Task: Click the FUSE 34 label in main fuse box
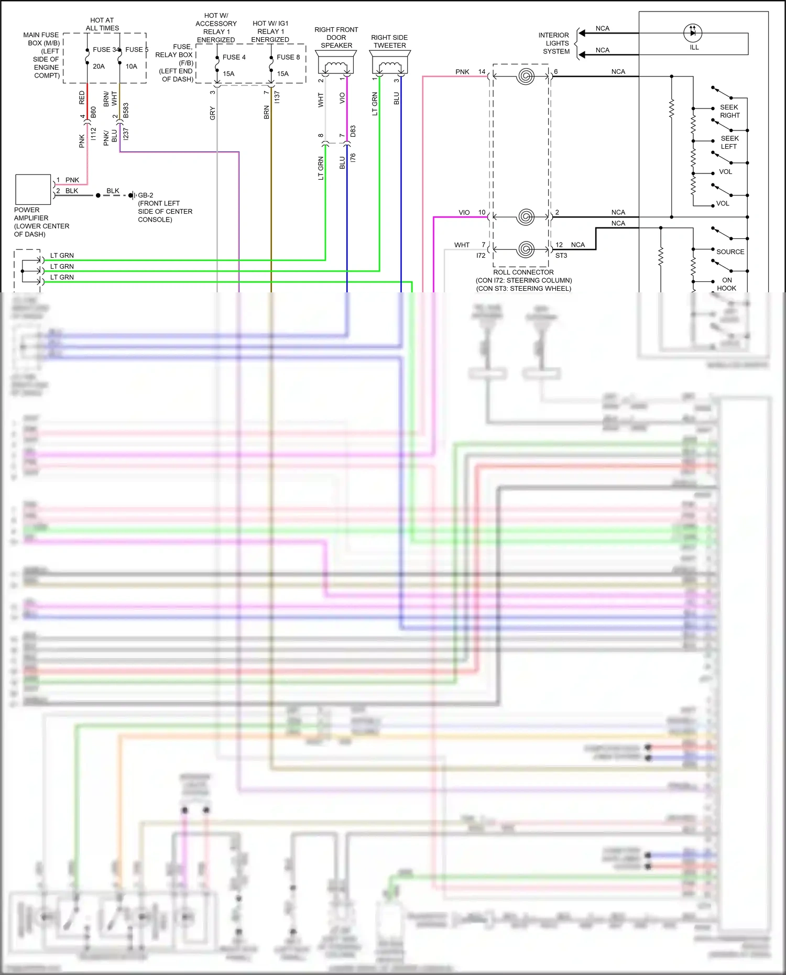(106, 50)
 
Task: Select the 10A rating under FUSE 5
(131, 67)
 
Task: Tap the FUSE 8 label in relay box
(288, 57)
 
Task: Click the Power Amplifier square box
(33, 190)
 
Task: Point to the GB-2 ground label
(146, 195)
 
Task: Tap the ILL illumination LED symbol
(693, 33)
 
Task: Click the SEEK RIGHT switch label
(729, 111)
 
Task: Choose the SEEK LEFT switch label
(729, 143)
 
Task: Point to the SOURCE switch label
(730, 252)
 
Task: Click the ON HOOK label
(727, 284)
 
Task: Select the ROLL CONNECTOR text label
(523, 272)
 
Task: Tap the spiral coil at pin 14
(526, 76)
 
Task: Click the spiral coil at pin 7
(526, 249)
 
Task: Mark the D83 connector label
(353, 132)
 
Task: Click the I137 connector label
(277, 97)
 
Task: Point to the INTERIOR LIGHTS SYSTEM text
(554, 43)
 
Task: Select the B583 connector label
(126, 111)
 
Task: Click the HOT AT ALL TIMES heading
(102, 24)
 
